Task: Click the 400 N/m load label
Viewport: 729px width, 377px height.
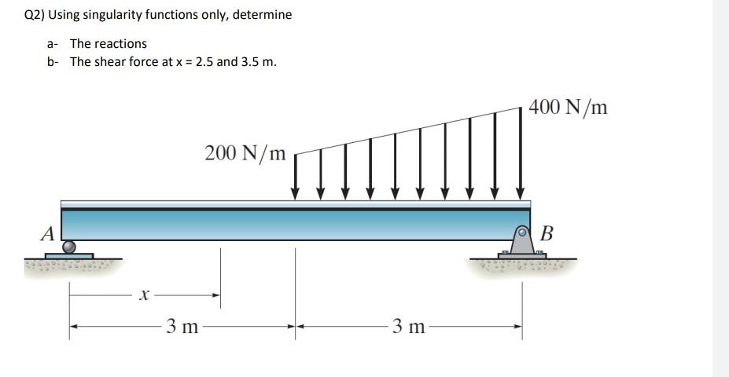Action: tap(568, 107)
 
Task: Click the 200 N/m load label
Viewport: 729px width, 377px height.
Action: tap(245, 152)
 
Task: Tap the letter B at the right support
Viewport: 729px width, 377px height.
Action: tap(547, 233)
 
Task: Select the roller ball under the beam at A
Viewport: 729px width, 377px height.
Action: tap(69, 247)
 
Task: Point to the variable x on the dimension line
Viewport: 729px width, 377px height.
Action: tap(143, 295)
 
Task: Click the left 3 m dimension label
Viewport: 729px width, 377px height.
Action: tap(182, 326)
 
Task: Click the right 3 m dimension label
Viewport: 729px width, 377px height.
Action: tap(407, 326)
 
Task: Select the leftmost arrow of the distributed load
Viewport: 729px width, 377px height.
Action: tap(296, 177)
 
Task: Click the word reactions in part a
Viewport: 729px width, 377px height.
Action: tap(120, 44)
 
